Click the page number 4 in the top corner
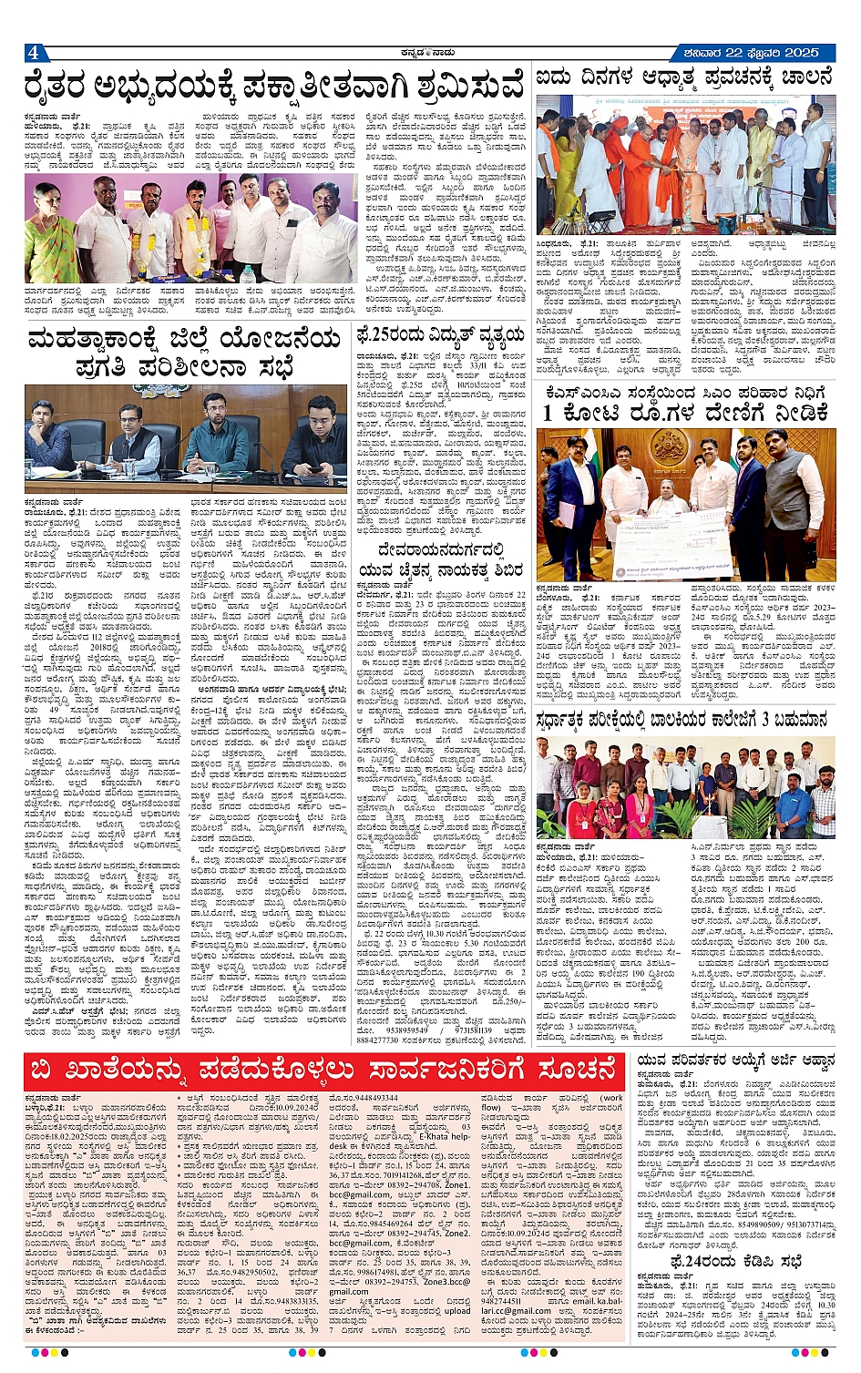(33, 53)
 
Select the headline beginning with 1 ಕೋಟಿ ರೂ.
(687, 413)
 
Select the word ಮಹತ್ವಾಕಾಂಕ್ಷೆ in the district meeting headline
(100, 342)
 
